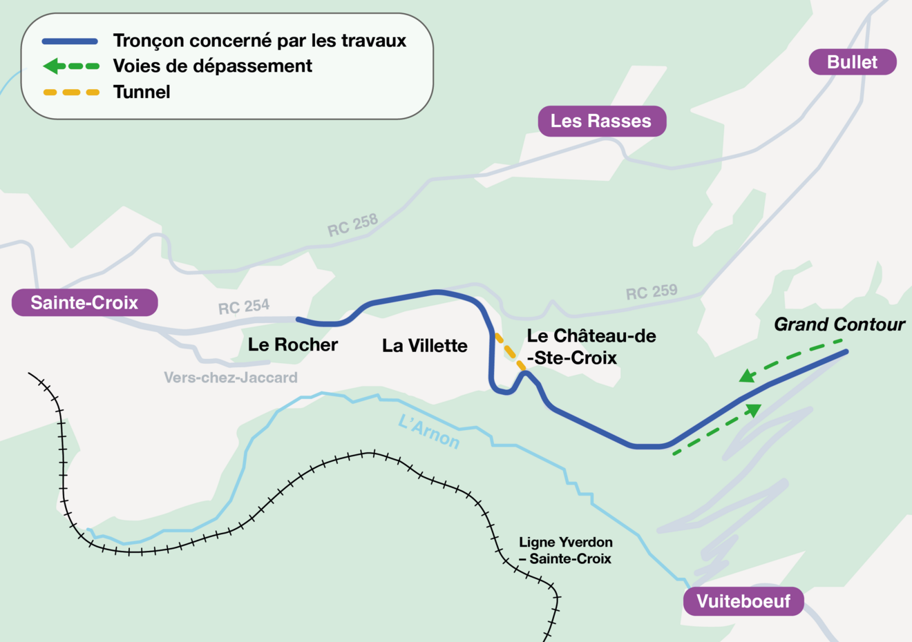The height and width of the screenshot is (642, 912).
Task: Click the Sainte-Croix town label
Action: coord(84,302)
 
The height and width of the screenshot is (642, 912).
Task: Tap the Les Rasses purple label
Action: coord(601,121)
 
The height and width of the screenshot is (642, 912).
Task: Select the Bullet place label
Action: coord(852,62)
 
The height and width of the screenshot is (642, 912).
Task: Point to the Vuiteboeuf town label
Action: coord(743,601)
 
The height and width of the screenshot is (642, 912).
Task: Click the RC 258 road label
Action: coord(352,225)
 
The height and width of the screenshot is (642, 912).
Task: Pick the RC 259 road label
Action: coord(652,293)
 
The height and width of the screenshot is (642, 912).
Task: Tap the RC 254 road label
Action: coord(244,307)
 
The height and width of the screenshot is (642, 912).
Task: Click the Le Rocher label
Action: coord(293,344)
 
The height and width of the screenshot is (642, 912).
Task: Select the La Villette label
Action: coord(425,345)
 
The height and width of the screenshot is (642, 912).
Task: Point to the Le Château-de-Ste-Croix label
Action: coord(591,347)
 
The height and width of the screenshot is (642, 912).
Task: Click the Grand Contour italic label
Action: coord(839,324)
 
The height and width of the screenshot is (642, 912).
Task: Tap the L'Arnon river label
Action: coord(429,431)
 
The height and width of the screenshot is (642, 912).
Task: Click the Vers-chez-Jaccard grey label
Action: coord(231,378)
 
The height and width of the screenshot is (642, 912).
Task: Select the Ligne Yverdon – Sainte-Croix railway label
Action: coord(566,550)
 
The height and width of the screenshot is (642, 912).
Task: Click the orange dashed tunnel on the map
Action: coord(510,353)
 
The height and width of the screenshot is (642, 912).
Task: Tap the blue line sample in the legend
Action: coord(70,41)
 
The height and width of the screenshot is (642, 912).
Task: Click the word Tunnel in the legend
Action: coord(142,92)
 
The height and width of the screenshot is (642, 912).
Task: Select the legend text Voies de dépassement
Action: coord(212,66)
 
